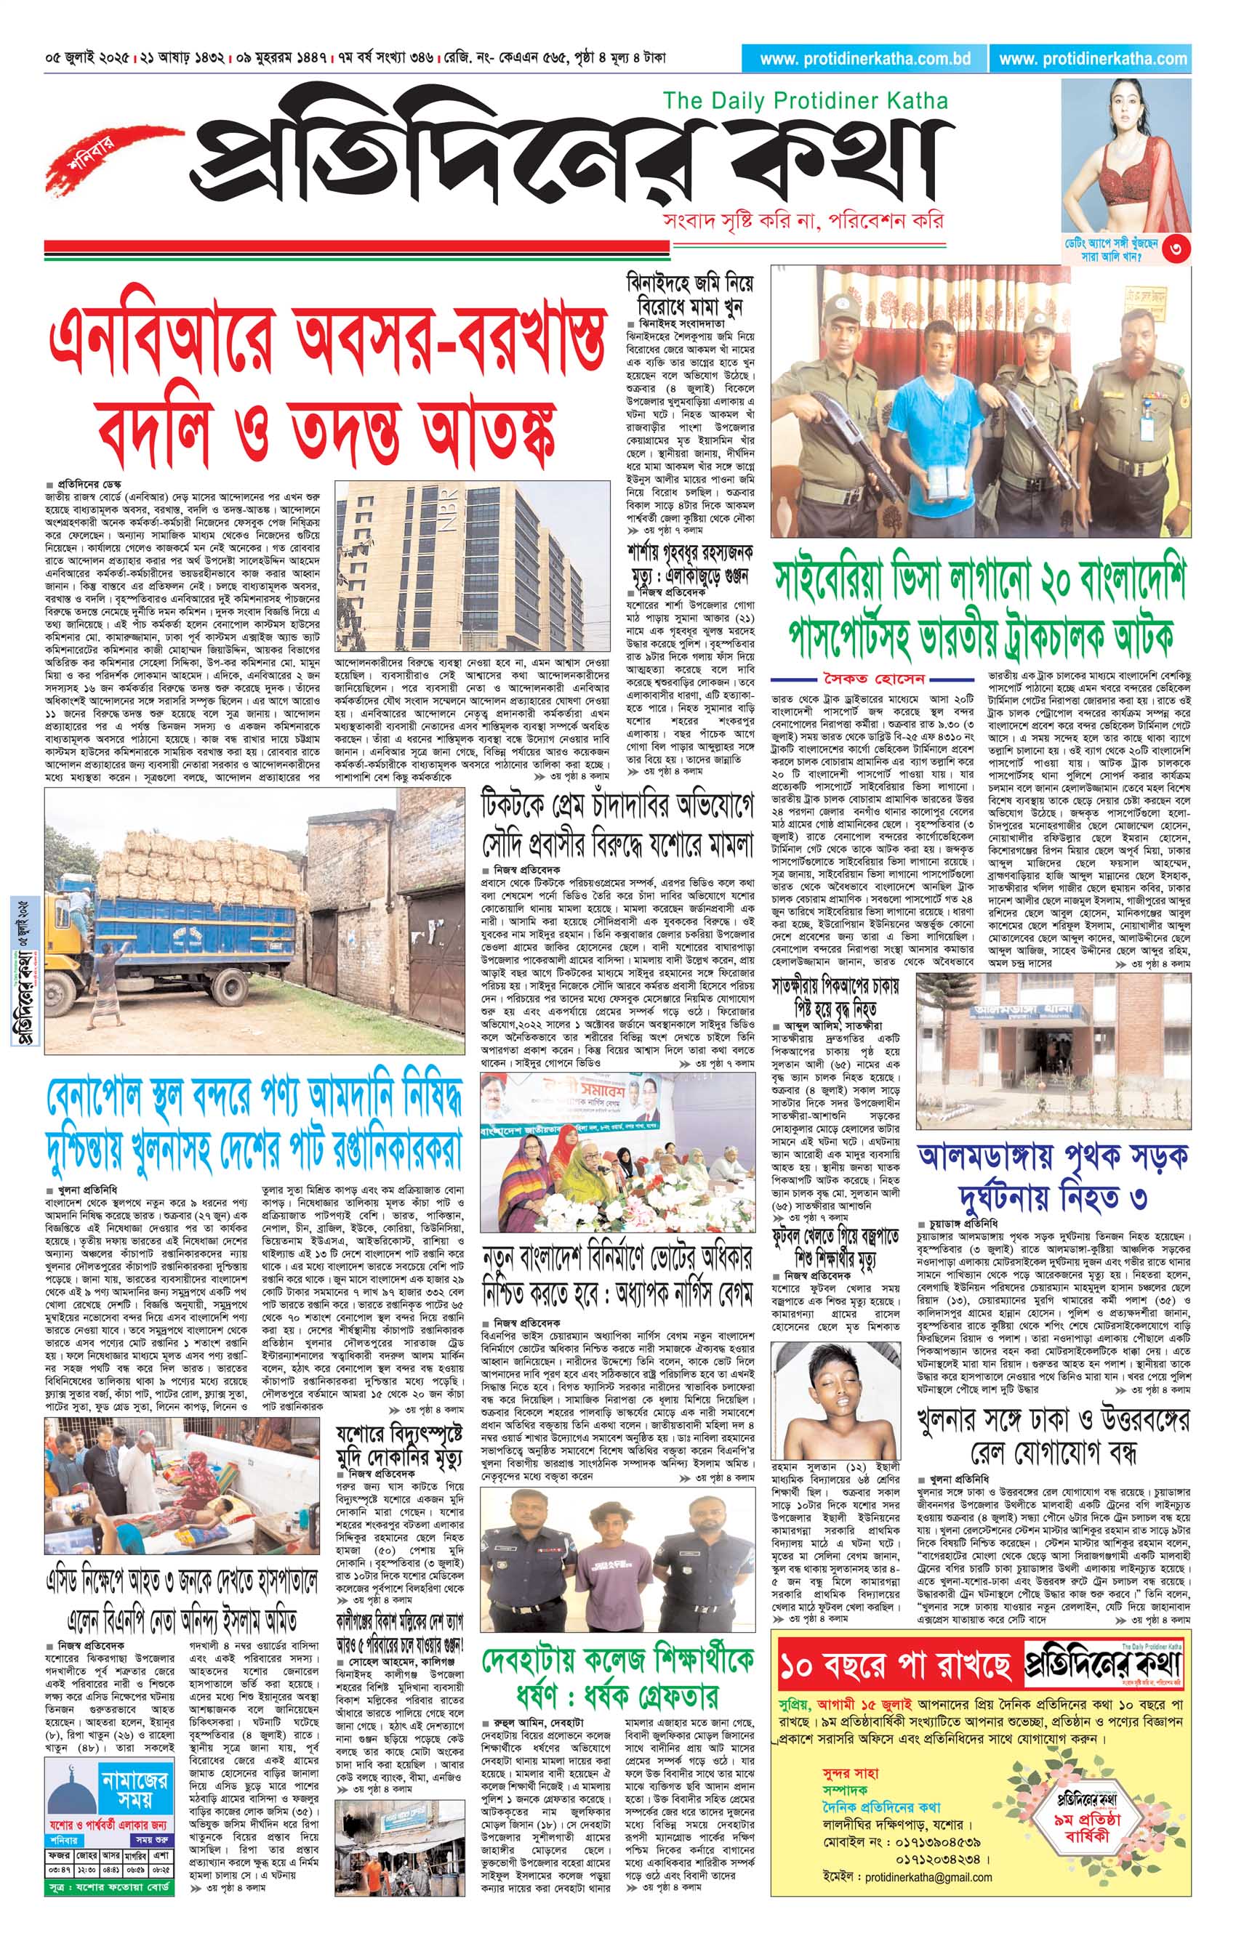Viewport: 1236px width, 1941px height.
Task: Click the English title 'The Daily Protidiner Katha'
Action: click(805, 101)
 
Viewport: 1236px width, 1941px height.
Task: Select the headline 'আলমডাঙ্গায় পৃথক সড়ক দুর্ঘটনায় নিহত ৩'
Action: click(1053, 1174)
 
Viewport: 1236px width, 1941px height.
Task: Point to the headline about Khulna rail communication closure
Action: click(1053, 1437)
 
